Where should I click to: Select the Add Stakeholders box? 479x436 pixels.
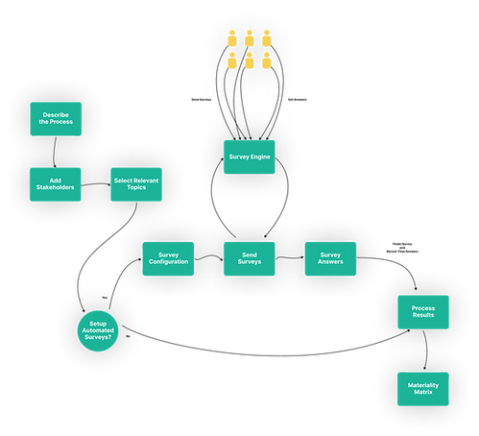56,183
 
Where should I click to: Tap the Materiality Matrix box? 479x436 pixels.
423,388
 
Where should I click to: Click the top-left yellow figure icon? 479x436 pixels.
231,41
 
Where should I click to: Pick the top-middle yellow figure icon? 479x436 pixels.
249,41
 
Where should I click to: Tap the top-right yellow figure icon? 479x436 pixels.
266,41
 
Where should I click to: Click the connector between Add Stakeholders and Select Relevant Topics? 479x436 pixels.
97,183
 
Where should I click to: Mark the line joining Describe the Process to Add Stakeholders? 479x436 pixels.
56,152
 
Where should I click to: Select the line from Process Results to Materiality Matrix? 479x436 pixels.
423,350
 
